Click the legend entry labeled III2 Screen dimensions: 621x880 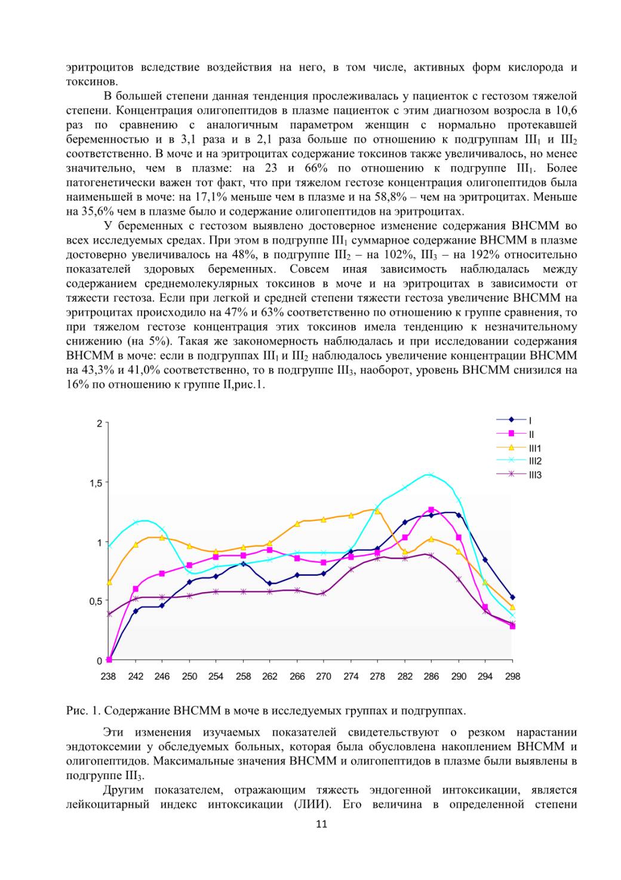click(x=518, y=461)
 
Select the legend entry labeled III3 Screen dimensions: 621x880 click(x=518, y=474)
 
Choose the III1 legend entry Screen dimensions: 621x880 click(x=518, y=447)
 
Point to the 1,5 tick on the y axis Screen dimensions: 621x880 click(x=96, y=483)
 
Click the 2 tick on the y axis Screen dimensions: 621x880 click(x=99, y=424)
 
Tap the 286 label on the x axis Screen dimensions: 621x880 click(x=431, y=676)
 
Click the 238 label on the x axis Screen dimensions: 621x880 click(x=108, y=676)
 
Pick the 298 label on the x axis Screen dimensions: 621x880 click(x=512, y=676)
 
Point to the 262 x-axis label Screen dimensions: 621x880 click(x=270, y=676)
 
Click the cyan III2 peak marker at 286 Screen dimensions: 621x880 click(x=431, y=474)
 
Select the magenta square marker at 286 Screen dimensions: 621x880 click(x=431, y=510)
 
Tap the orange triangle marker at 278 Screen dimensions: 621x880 click(x=377, y=511)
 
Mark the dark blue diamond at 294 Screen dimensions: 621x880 click(x=485, y=560)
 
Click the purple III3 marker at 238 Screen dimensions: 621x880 click(x=109, y=614)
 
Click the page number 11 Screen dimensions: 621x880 click(x=321, y=824)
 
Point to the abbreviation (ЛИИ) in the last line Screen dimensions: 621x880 click(x=312, y=804)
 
